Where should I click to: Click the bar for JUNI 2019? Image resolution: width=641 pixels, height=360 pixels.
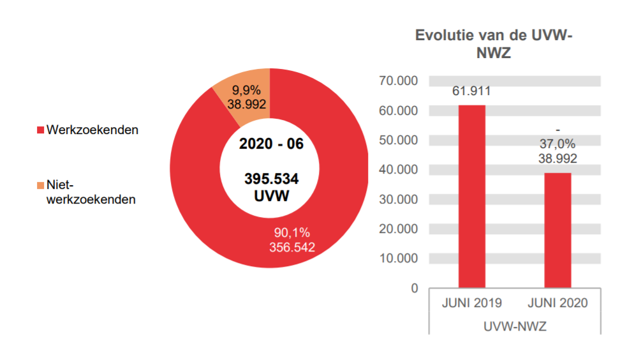point(471,196)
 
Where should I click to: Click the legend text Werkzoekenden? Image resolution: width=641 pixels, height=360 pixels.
point(92,130)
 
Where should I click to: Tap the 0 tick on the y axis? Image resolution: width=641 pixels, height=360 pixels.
point(414,289)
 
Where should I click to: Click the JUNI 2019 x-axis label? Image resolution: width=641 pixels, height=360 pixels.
point(472,303)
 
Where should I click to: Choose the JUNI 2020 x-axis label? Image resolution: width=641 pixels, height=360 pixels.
point(558,303)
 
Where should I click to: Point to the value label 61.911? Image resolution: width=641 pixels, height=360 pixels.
point(471,91)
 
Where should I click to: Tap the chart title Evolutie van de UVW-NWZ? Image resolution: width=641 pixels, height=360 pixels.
point(494,44)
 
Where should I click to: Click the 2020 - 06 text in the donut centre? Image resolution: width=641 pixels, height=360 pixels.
point(271,144)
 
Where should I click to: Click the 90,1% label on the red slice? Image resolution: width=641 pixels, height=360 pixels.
point(292,232)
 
